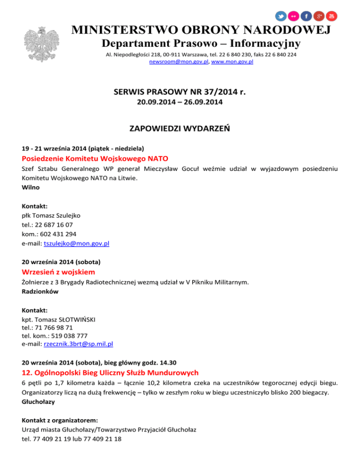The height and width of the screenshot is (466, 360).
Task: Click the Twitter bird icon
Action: coord(280,16)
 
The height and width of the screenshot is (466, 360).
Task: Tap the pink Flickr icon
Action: coord(293,16)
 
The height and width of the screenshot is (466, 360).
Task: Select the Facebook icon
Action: coord(306,16)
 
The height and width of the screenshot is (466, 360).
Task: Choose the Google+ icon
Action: coord(319,16)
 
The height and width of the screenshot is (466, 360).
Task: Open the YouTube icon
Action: coord(331,16)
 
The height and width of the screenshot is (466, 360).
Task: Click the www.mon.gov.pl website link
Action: coord(232,62)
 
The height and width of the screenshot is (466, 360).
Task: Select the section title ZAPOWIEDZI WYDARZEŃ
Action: coord(180,128)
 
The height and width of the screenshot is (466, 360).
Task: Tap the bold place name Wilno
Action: coord(30,188)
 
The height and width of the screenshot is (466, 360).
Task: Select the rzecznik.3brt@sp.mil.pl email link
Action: coord(78,344)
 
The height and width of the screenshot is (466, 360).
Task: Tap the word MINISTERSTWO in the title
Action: coord(125,30)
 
